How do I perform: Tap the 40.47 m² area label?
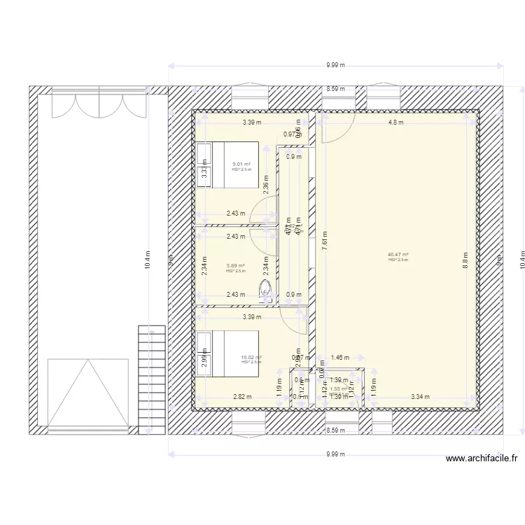398,255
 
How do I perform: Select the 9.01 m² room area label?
241,165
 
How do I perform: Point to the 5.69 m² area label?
236,267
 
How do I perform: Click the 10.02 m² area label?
251,358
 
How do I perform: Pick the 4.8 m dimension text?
396,122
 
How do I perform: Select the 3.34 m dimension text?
421,397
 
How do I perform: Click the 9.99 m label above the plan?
335,65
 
